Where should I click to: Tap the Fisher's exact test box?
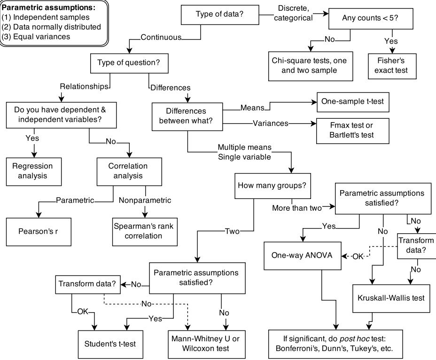click(391, 66)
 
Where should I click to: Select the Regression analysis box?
click(33, 171)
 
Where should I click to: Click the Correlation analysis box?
click(128, 171)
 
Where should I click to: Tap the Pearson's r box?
click(39, 231)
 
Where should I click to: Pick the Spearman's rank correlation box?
click(145, 231)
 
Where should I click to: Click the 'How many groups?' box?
click(272, 185)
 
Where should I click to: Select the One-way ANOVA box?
click(302, 255)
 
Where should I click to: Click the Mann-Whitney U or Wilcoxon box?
click(207, 344)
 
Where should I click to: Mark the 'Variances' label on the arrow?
click(270, 123)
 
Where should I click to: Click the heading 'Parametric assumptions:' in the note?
click(48, 8)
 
